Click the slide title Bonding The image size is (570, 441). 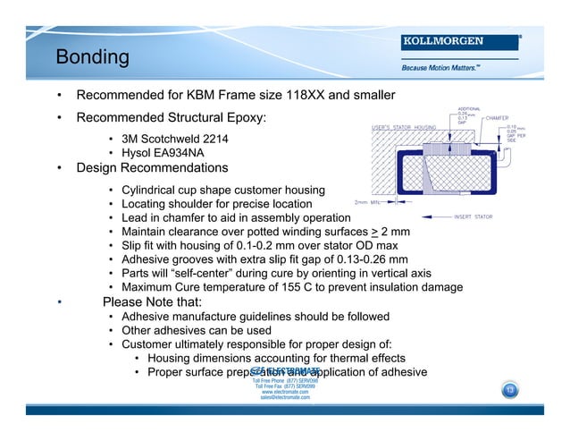[x=93, y=58]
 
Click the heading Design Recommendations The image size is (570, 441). [x=153, y=168]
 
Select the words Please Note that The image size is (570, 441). [x=153, y=302]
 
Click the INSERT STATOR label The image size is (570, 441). [x=475, y=216]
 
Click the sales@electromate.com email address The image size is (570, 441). [x=285, y=397]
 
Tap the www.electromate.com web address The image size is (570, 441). [x=285, y=392]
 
